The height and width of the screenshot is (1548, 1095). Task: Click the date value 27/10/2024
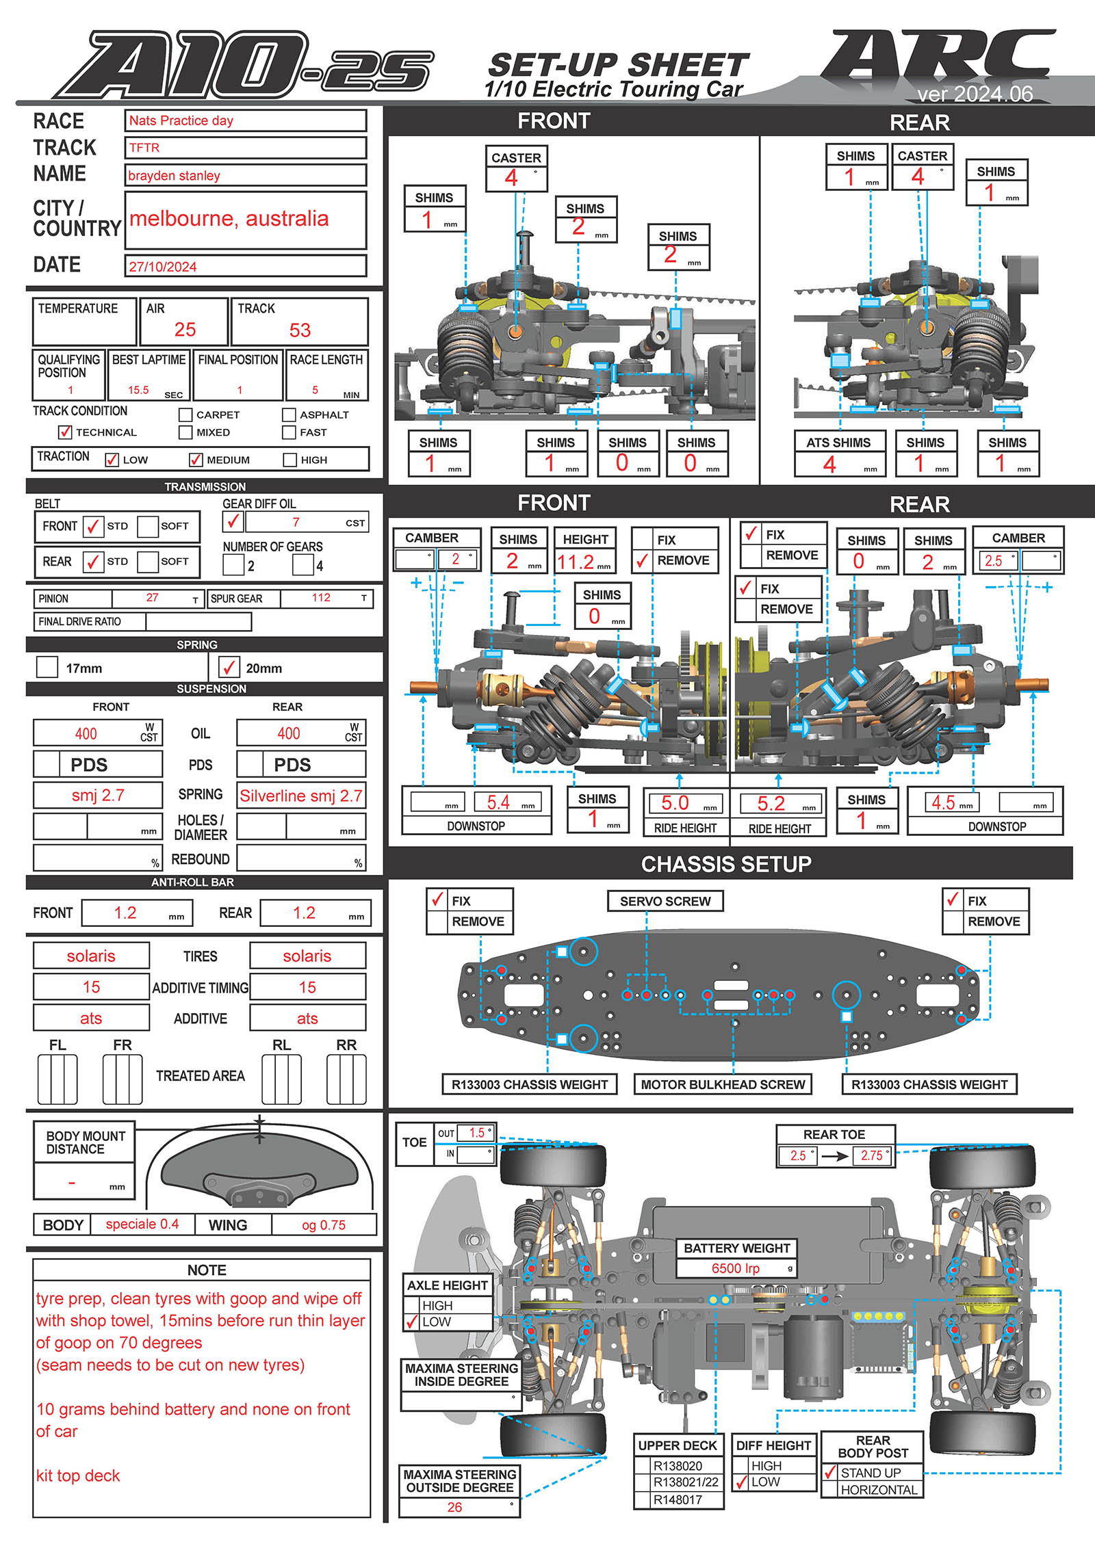(x=163, y=267)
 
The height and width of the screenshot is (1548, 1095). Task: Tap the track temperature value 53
(x=300, y=330)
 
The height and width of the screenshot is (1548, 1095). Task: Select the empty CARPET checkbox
(x=185, y=415)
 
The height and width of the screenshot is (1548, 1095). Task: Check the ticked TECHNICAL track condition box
(x=65, y=432)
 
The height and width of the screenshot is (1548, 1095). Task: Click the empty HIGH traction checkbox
(x=289, y=460)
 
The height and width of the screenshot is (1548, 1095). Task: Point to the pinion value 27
(x=152, y=598)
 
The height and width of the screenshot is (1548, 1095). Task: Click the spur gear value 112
(x=321, y=598)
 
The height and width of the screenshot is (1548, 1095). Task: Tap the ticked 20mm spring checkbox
(x=229, y=667)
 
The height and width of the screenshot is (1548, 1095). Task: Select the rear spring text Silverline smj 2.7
(x=301, y=796)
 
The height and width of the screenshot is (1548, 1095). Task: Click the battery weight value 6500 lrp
(x=735, y=1268)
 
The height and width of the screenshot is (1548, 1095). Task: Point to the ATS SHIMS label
(x=838, y=443)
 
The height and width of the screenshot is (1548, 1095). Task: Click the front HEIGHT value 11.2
(x=576, y=562)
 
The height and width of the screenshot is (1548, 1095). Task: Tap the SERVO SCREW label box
(x=665, y=902)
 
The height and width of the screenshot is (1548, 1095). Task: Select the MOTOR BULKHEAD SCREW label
(x=723, y=1084)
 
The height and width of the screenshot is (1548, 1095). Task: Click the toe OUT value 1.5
(x=476, y=1133)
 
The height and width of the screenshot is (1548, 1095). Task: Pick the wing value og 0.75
(x=324, y=1225)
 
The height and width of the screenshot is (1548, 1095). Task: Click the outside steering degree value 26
(x=454, y=1507)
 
